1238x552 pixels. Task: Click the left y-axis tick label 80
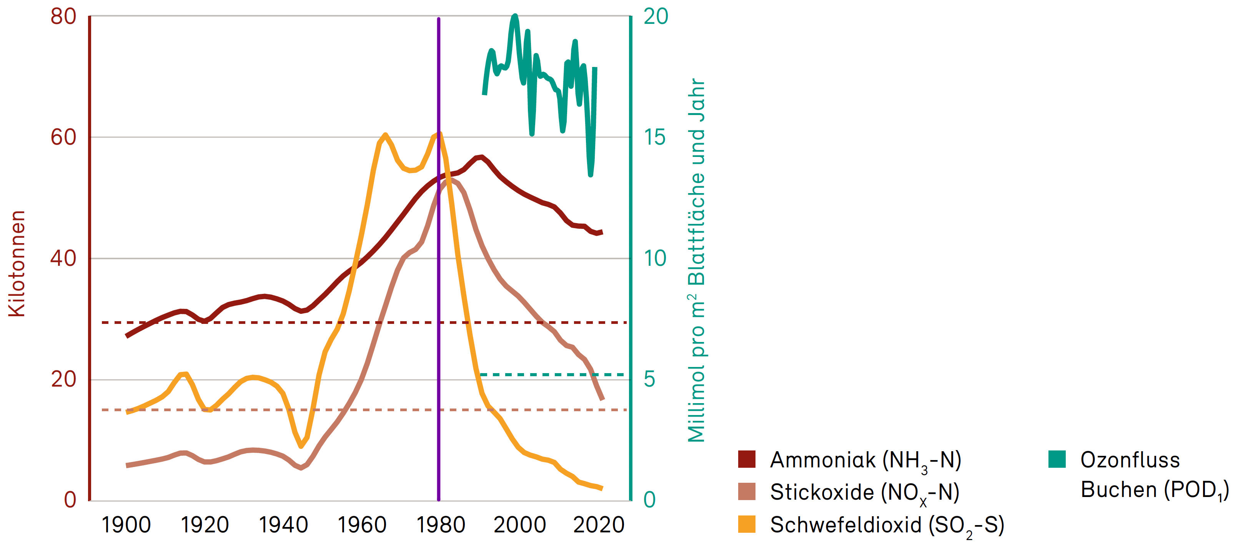click(x=63, y=17)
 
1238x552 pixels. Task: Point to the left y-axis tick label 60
click(x=63, y=138)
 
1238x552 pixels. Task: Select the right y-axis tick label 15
click(x=654, y=138)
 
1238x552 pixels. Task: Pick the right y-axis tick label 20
click(x=656, y=17)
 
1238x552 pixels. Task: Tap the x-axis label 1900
click(x=126, y=525)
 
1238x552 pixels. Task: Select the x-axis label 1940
click(x=283, y=525)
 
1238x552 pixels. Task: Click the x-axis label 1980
click(x=440, y=525)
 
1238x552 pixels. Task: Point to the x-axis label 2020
click(x=598, y=525)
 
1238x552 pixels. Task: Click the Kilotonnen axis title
click(x=17, y=263)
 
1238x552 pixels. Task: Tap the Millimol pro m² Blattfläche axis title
click(x=696, y=260)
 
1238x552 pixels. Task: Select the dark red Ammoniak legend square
click(x=746, y=459)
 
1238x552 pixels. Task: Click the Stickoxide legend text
click(x=865, y=492)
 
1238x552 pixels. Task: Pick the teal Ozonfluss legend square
click(x=1057, y=459)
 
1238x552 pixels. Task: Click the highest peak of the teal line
click(x=515, y=16)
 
